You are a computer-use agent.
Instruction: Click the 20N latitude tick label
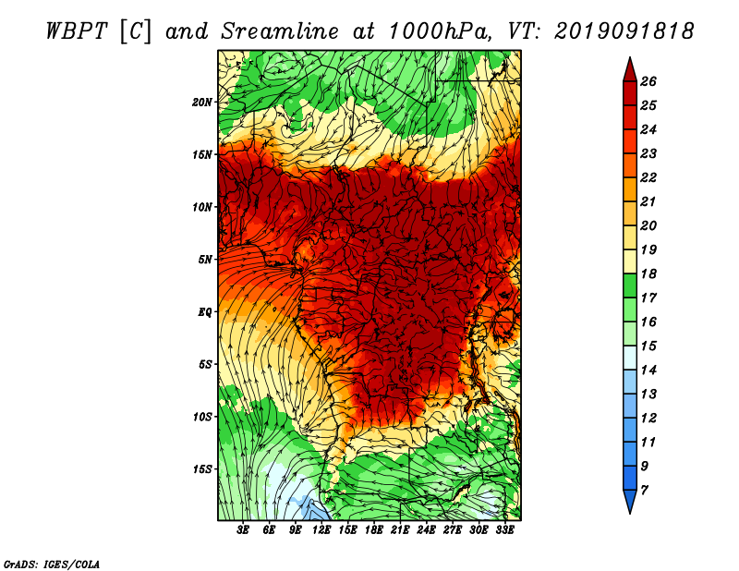click(x=202, y=103)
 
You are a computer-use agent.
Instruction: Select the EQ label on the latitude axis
click(x=205, y=312)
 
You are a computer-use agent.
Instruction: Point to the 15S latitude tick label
click(x=202, y=469)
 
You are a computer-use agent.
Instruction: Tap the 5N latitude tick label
click(x=205, y=260)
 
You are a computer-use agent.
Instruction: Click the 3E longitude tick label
click(x=243, y=530)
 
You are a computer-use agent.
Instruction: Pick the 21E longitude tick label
click(x=400, y=530)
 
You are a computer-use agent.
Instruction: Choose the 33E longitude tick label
click(x=504, y=530)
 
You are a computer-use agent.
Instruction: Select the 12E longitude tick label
click(x=321, y=530)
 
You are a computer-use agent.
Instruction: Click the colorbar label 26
click(x=648, y=81)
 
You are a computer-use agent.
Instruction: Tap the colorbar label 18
click(x=648, y=273)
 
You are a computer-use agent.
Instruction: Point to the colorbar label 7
click(x=645, y=491)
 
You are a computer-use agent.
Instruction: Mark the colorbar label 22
click(x=648, y=177)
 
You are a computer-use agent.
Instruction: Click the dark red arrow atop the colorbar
click(x=630, y=69)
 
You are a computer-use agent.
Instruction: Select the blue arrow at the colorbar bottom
click(x=630, y=502)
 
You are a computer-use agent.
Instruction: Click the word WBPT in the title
click(x=78, y=31)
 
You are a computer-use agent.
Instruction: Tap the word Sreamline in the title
click(x=280, y=31)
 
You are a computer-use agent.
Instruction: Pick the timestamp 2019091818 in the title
click(x=624, y=31)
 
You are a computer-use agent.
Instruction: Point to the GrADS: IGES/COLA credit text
click(x=52, y=565)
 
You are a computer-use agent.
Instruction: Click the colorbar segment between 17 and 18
click(x=630, y=285)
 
